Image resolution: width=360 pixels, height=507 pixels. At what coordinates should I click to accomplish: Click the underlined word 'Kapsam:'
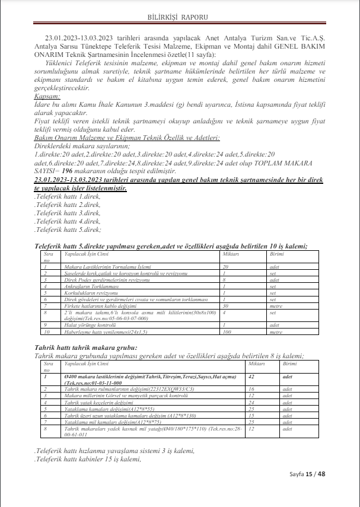coord(47,95)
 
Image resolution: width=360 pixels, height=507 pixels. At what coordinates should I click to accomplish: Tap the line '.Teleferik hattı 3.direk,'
coord(68,212)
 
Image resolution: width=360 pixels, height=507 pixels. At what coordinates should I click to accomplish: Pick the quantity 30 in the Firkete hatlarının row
coord(225,304)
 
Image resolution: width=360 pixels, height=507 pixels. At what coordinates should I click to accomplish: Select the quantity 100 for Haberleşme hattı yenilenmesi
coord(226,332)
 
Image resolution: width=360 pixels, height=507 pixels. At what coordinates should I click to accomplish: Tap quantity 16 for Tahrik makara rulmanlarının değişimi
coord(251,388)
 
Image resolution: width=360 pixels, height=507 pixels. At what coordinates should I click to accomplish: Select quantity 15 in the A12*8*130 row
coord(251,415)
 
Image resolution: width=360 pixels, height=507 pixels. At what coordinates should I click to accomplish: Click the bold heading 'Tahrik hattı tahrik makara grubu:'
coord(86,347)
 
